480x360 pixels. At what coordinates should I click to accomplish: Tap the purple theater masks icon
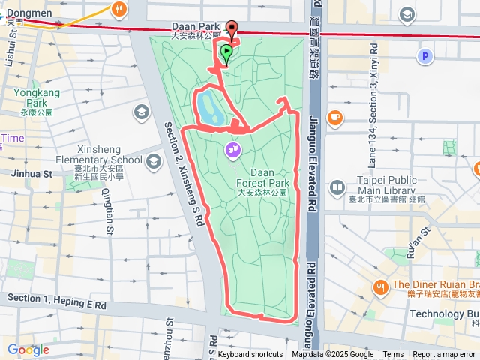233,151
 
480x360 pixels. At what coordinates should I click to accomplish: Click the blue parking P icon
425,56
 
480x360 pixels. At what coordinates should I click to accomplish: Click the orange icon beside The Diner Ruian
381,286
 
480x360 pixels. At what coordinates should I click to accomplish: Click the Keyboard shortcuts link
250,355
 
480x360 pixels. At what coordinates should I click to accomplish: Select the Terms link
393,355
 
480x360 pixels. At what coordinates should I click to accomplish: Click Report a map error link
444,355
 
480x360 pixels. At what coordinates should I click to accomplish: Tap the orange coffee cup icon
334,117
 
